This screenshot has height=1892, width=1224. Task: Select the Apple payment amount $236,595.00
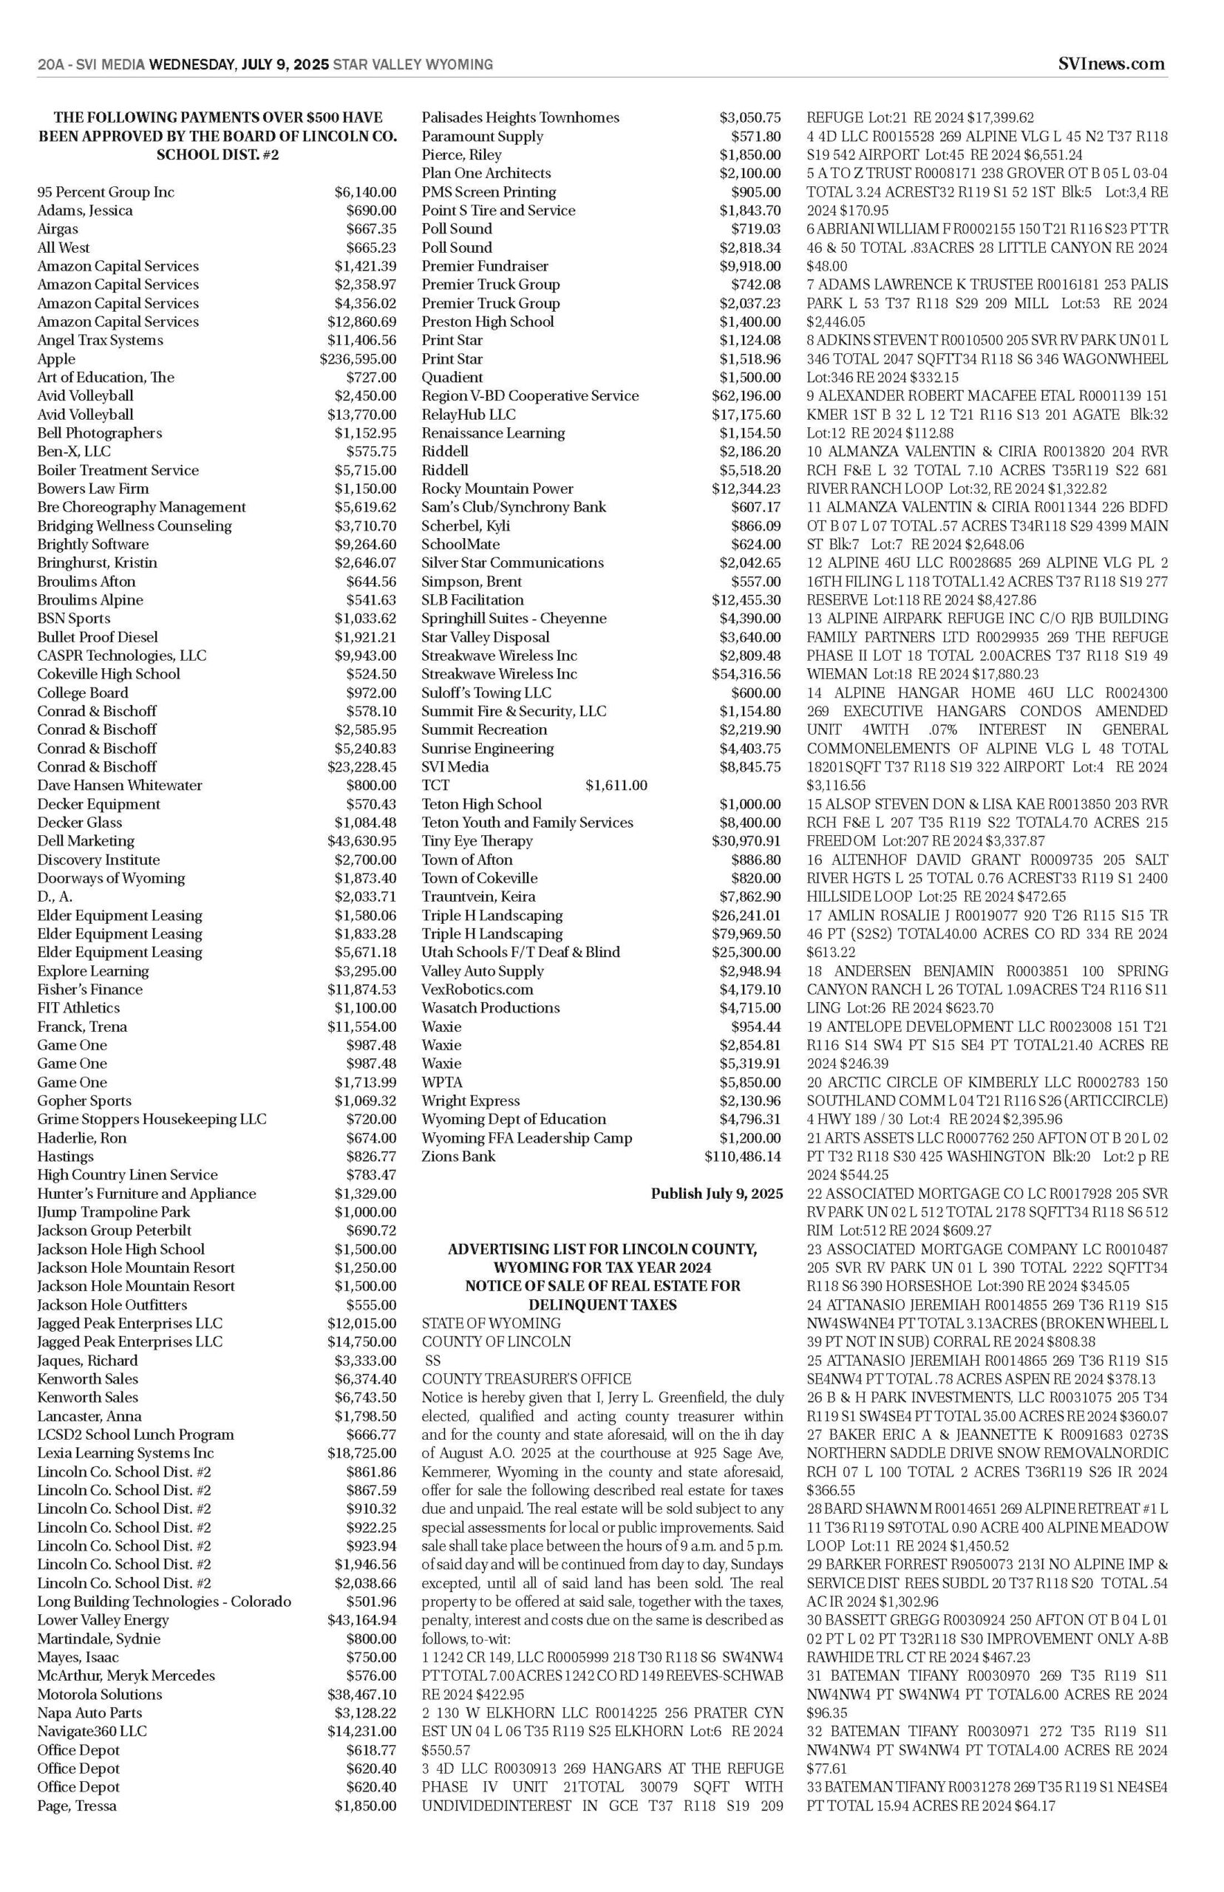[358, 359]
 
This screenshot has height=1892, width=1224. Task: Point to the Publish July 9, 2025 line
[716, 1194]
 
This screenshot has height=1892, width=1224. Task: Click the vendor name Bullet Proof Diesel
[98, 637]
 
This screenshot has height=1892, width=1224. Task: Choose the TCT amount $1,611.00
[616, 786]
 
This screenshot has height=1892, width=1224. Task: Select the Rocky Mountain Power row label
[497, 489]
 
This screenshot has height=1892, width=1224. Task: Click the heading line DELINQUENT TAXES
[602, 1304]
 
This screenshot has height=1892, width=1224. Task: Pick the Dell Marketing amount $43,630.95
[361, 841]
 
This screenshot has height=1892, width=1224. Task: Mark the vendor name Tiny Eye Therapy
[477, 841]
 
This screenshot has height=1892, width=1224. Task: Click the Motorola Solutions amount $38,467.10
[361, 1694]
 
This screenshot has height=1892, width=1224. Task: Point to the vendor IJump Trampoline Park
[114, 1212]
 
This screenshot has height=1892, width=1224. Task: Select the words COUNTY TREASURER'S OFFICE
[526, 1378]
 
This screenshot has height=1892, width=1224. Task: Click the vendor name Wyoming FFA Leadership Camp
[527, 1138]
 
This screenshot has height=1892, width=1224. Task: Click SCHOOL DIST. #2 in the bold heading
[217, 154]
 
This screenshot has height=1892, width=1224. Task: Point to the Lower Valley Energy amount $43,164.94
[361, 1620]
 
